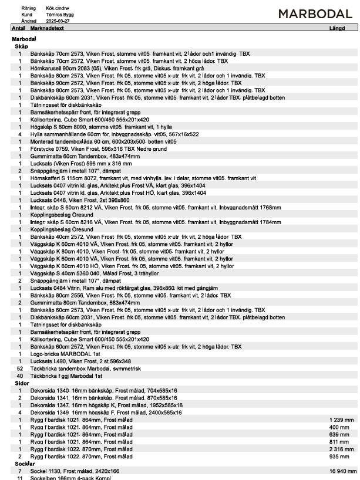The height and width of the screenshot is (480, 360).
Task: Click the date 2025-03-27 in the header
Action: pyautogui.click(x=58, y=21)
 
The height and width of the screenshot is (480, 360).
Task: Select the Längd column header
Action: pyautogui.click(x=338, y=28)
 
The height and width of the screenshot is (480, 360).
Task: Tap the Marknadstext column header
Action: pyautogui.click(x=47, y=28)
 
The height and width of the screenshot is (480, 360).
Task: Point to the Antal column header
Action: pyautogui.click(x=18, y=28)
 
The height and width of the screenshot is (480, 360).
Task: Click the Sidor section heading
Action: pyautogui.click(x=22, y=383)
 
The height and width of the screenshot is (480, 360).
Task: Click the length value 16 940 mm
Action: pyautogui.click(x=341, y=471)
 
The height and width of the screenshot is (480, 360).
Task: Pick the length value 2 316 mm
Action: pyautogui.click(x=342, y=449)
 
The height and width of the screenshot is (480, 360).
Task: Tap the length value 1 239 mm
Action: pyautogui.click(x=342, y=420)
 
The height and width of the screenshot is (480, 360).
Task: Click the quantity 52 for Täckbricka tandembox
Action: pyautogui.click(x=19, y=369)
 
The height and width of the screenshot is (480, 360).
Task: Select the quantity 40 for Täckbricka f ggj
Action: pyautogui.click(x=19, y=376)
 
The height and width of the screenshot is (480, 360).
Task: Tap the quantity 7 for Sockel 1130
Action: pyautogui.click(x=20, y=471)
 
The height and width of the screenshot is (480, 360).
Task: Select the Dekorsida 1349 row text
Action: pyautogui.click(x=106, y=413)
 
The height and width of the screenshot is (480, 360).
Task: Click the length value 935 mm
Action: pyautogui.click(x=344, y=456)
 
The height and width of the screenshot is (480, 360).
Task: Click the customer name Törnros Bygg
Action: pyautogui.click(x=60, y=14)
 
